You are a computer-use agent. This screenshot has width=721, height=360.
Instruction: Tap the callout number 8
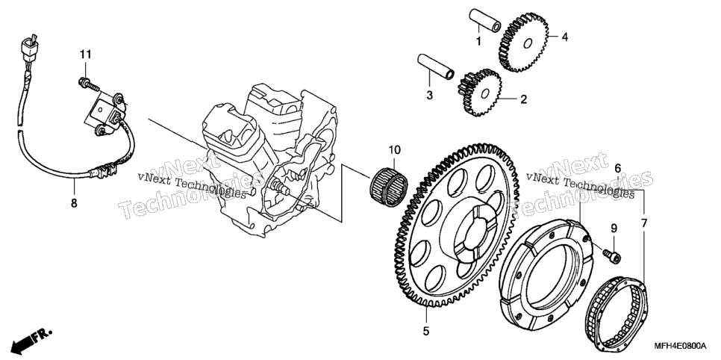tap(74, 202)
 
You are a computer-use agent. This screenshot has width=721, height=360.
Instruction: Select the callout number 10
tap(395, 149)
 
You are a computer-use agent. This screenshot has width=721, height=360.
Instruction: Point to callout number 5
tap(425, 331)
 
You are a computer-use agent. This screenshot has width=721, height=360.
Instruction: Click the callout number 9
tap(614, 228)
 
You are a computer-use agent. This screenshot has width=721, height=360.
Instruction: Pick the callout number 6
tap(617, 169)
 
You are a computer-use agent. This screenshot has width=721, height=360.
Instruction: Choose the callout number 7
tap(643, 224)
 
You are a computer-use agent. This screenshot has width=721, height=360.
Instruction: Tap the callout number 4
tap(565, 37)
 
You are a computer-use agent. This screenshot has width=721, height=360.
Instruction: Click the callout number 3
tap(429, 96)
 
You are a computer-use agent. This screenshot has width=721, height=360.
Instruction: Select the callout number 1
tap(478, 42)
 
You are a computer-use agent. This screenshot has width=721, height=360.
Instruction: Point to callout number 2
tap(523, 100)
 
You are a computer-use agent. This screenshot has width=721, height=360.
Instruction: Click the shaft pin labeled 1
tap(484, 20)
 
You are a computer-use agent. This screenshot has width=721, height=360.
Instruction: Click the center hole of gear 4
tap(528, 44)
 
